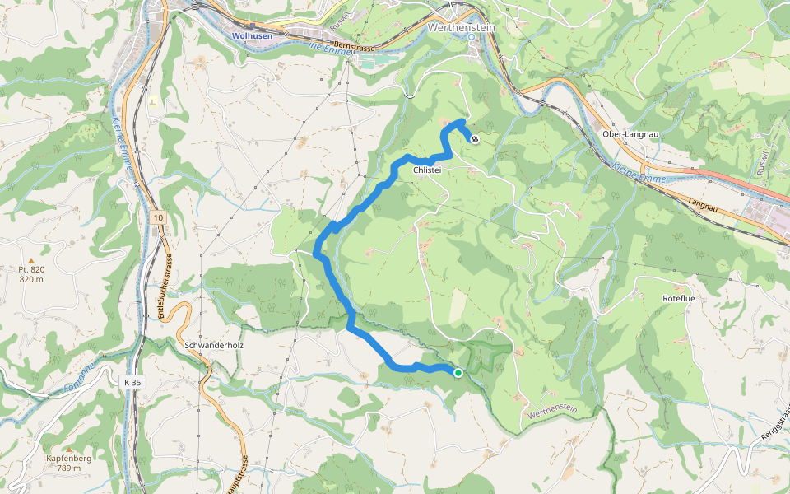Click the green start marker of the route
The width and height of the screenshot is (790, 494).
pyautogui.click(x=458, y=373)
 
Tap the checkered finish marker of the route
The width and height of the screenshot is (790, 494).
pyautogui.click(x=475, y=138)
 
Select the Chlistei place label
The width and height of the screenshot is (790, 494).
pyautogui.click(x=428, y=170)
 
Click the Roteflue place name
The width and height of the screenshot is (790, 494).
pyautogui.click(x=679, y=298)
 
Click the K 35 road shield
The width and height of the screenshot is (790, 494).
pyautogui.click(x=132, y=382)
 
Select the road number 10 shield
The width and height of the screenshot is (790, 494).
pyautogui.click(x=157, y=217)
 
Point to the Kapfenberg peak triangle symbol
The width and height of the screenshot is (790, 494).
pyautogui.click(x=69, y=450)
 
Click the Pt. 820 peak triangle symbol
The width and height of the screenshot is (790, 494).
pyautogui.click(x=30, y=259)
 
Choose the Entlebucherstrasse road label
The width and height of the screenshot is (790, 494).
pyautogui.click(x=163, y=285)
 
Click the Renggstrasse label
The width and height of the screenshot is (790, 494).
pyautogui.click(x=774, y=423)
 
